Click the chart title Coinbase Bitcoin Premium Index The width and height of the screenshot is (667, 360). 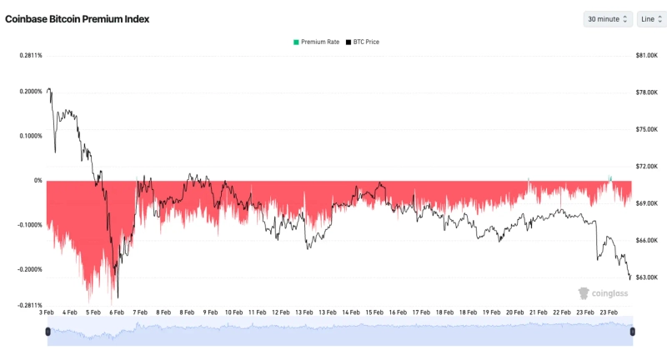click(78, 19)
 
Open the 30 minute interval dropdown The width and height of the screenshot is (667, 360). click(607, 19)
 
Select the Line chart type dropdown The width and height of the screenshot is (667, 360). click(650, 19)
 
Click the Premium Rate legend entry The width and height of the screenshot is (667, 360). click(316, 42)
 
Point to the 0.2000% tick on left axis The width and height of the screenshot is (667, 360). click(29, 92)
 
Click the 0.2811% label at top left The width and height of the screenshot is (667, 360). click(30, 56)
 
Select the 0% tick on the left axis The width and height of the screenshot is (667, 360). click(38, 181)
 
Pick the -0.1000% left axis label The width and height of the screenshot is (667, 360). click(29, 225)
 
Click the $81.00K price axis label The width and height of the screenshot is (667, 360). click(647, 56)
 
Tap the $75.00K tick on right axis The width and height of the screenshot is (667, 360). click(647, 129)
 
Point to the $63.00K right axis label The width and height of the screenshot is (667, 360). click(647, 277)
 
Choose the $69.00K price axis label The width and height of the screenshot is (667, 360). click(647, 203)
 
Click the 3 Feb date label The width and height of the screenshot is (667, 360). click(47, 313)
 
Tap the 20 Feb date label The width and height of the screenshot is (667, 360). click(514, 313)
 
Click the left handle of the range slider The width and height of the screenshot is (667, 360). click(48, 332)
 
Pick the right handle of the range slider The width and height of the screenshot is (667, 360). click(633, 332)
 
